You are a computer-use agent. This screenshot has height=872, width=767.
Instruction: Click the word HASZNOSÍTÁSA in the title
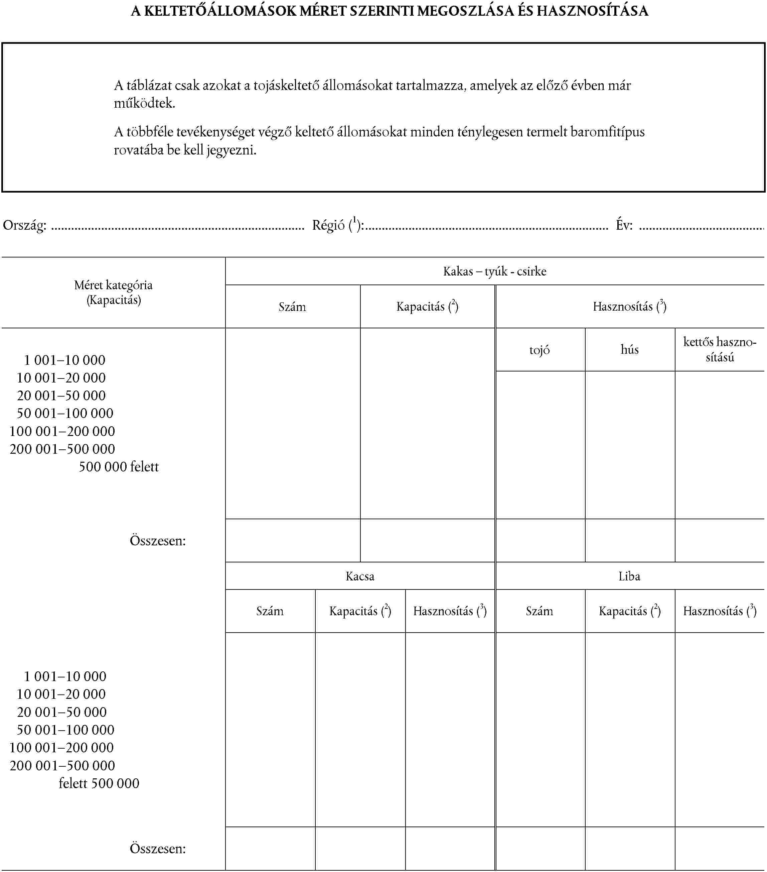coord(592,11)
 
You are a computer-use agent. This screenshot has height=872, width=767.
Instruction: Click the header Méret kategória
coord(113,285)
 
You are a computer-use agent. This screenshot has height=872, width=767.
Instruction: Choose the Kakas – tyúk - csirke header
coord(494,271)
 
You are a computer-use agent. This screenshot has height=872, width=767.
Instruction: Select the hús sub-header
coord(629,350)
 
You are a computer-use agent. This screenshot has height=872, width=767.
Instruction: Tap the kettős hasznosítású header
coord(719,350)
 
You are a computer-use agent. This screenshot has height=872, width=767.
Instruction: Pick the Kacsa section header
coord(360,576)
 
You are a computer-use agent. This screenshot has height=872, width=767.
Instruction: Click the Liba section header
coord(629,576)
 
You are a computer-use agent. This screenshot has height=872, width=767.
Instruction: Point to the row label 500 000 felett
coord(119,467)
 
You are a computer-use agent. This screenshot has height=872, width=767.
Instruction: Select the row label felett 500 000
coord(99,783)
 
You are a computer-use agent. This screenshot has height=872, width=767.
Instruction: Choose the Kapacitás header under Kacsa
coord(360,611)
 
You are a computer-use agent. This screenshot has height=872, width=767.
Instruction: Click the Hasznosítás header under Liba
coord(719,611)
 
